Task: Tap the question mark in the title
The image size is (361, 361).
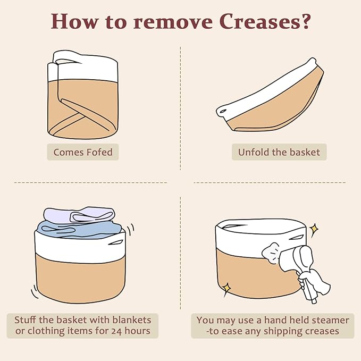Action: click(306, 21)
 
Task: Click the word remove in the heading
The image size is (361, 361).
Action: click(173, 22)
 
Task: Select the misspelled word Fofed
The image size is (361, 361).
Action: click(99, 152)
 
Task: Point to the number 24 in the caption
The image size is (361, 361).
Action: click(116, 331)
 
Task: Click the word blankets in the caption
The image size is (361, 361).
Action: click(132, 320)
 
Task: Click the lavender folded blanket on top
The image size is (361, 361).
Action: click(79, 215)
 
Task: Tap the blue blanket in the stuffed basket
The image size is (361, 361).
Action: click(79, 230)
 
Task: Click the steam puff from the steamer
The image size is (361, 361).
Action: click(271, 253)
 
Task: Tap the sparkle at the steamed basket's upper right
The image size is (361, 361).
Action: click(314, 229)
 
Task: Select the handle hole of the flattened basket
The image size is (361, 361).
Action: click(223, 112)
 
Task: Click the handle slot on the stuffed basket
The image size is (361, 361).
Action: click(116, 242)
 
